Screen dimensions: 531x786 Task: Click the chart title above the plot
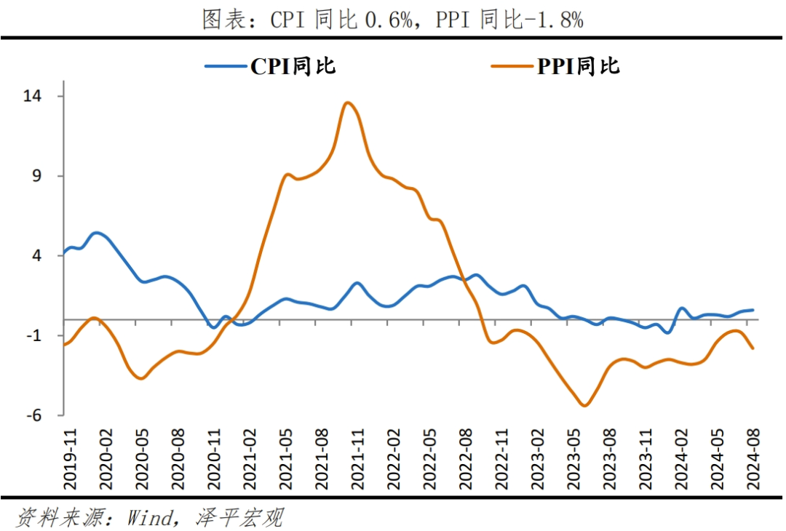[x=393, y=20]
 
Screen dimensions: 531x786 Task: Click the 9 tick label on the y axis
[x=48, y=176]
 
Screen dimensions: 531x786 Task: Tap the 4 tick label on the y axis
[x=48, y=256]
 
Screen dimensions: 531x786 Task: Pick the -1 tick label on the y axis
[x=45, y=335]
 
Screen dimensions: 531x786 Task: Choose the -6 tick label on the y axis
[x=45, y=415]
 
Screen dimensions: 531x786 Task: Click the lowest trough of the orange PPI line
[x=584, y=406]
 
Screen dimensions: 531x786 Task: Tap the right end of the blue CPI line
[x=752, y=310]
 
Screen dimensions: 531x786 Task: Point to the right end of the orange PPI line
[x=752, y=348]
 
